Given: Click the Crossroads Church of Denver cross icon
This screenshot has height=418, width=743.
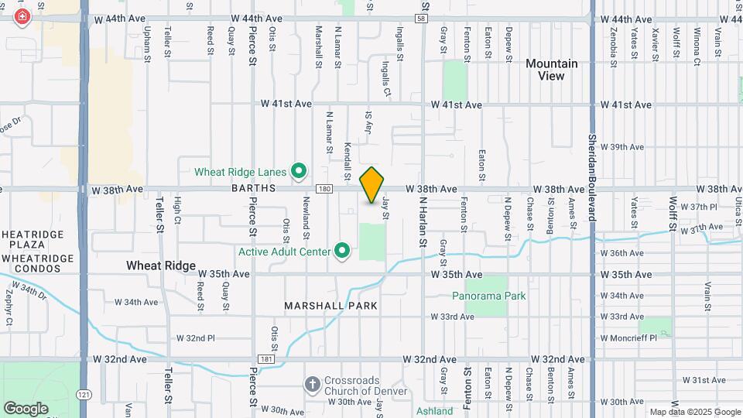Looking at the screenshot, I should pos(312,384).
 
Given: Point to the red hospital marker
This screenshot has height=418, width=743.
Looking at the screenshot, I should pos(22,16).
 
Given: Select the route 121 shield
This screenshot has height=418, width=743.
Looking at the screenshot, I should pos(82,394).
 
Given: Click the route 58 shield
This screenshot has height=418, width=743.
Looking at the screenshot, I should pos(421,19).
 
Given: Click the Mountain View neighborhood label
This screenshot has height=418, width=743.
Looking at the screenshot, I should pos(551,70).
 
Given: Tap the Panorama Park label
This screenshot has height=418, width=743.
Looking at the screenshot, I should pos(489,296).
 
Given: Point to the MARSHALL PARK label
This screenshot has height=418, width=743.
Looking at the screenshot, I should pos(330,306).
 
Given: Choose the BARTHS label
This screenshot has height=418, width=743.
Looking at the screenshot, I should pos(252,188).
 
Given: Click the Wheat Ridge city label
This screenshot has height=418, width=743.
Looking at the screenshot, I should pos(161,266).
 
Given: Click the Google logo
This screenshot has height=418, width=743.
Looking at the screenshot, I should pos(26,408).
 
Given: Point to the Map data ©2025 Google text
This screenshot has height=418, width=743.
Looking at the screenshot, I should pos(694,412).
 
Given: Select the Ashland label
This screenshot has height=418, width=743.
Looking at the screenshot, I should pos(434,411).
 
